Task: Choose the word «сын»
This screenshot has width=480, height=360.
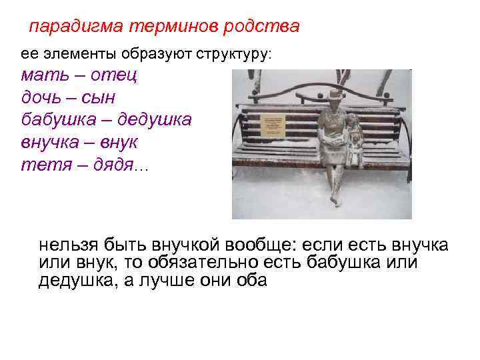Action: click(100, 98)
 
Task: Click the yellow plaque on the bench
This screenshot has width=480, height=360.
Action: click(273, 125)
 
